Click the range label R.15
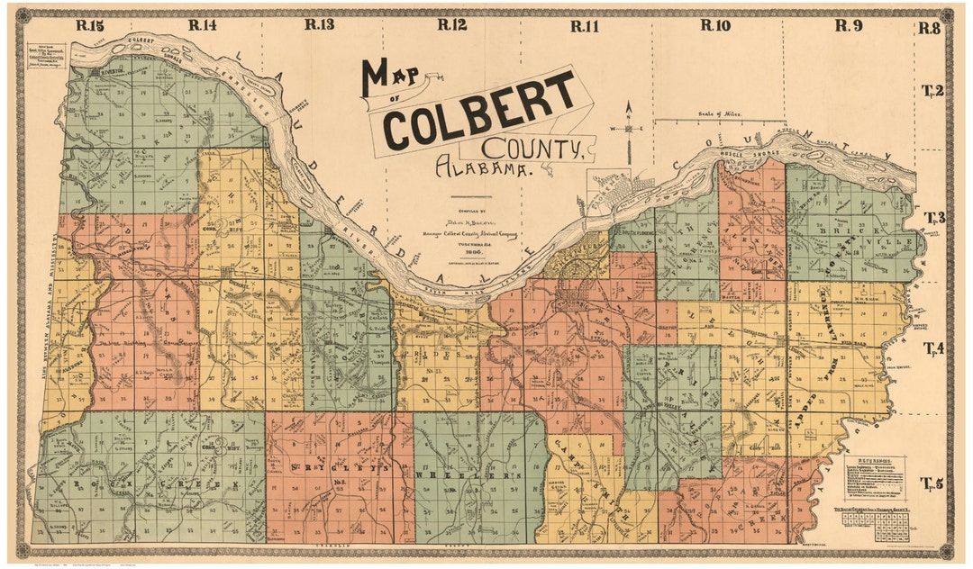tap(91, 25)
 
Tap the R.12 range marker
tap(452, 25)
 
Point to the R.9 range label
tap(848, 25)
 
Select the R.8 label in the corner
tap(930, 28)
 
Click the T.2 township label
tap(932, 90)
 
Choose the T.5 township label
tap(932, 483)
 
